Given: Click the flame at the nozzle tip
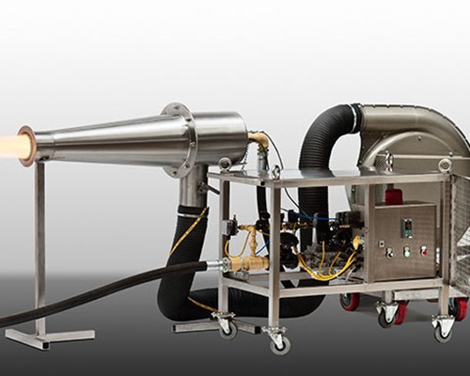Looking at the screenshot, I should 11,146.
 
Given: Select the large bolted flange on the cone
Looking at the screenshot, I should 178,139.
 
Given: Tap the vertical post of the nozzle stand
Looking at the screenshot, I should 39,244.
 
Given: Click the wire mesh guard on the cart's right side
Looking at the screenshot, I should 459,235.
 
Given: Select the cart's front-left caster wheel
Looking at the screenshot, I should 227,327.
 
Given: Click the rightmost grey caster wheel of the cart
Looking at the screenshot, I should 442,328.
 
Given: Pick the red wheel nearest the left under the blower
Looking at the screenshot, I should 351,301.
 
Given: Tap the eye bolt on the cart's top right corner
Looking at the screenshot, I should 444,165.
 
